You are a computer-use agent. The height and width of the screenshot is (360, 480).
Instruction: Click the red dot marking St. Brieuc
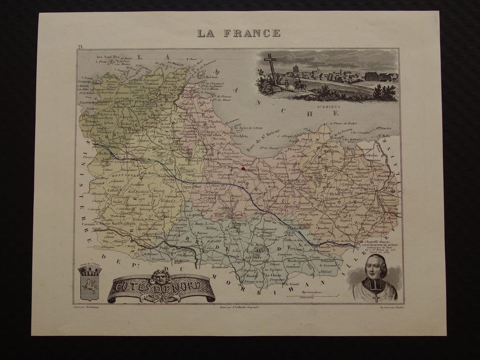(x=243, y=169)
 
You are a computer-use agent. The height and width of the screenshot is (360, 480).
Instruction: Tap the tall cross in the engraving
(x=271, y=67)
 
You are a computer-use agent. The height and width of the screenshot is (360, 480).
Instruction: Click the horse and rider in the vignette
(x=300, y=85)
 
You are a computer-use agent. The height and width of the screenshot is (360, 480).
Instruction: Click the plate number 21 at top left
(x=80, y=47)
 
